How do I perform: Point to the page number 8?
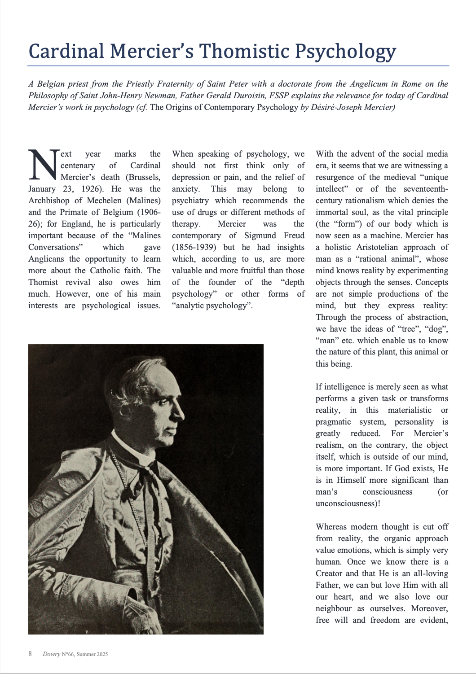click(x=30, y=654)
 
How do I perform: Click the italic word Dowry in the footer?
click(x=51, y=654)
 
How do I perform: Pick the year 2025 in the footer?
click(x=101, y=654)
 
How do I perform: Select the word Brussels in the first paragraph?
click(x=144, y=177)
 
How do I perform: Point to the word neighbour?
click(x=334, y=608)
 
